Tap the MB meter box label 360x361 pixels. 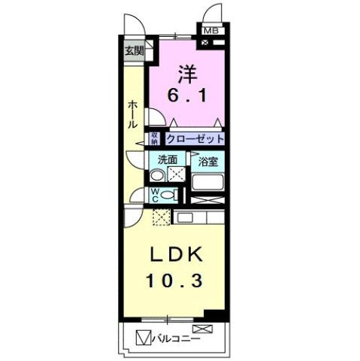(x=210, y=31)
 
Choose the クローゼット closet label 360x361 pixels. (x=195, y=138)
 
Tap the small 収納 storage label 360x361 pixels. (x=154, y=138)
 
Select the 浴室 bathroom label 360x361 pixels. (x=207, y=160)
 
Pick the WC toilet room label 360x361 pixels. (x=155, y=195)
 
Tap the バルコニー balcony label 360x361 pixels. (x=178, y=338)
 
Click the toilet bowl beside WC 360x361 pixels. (x=169, y=195)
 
